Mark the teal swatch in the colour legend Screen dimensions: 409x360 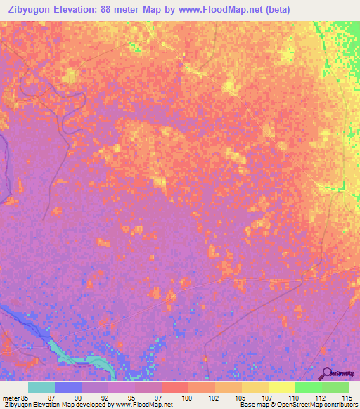(x=41, y=387)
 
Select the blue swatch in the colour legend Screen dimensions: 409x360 (x=68, y=387)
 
